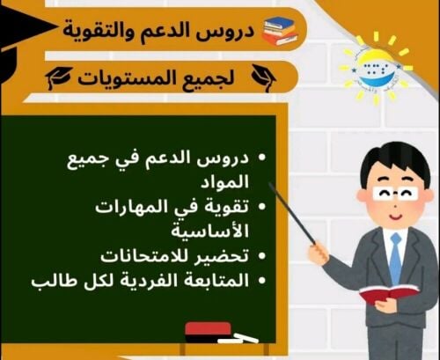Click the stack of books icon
point(279,30)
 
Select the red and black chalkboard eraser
point(208,330)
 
